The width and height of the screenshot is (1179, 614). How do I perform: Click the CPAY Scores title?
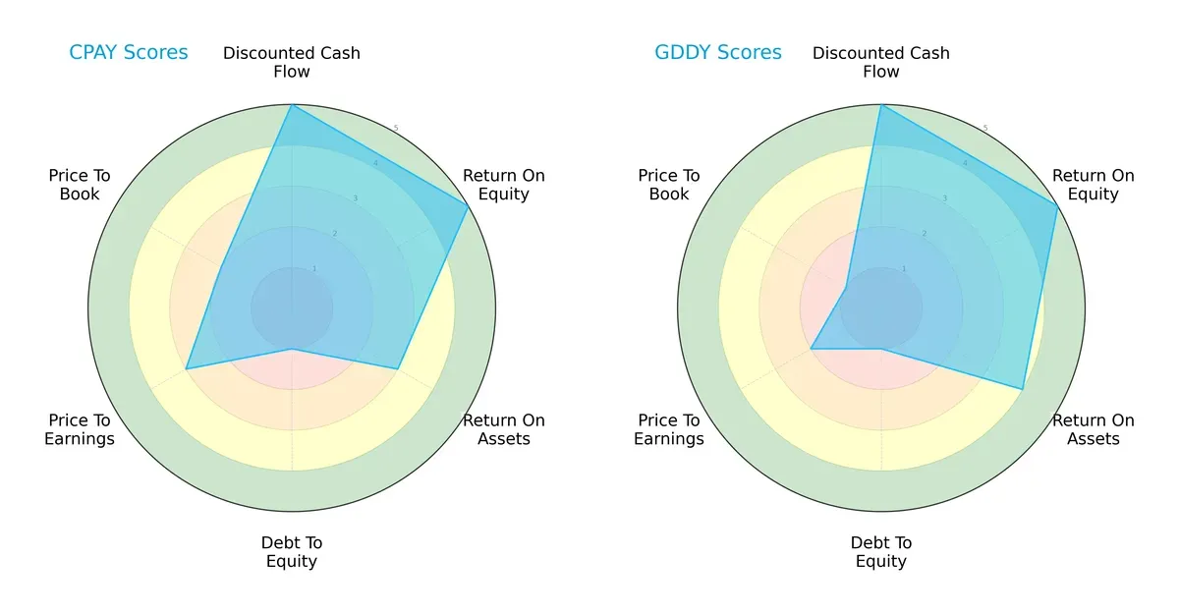pos(128,52)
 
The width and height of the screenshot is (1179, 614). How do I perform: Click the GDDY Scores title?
pos(718,52)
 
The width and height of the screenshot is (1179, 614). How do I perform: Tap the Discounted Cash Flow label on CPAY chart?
pos(292,62)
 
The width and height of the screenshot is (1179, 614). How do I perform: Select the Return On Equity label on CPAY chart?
pos(504,185)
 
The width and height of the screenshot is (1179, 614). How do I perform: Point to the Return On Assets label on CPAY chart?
pos(504,429)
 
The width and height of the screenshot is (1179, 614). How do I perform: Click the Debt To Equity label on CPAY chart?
pos(292,552)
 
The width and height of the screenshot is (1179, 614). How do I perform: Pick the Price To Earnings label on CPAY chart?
pos(80,429)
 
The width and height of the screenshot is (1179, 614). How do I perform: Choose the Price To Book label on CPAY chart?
pos(80,185)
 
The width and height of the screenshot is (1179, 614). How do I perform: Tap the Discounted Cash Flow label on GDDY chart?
pos(881,62)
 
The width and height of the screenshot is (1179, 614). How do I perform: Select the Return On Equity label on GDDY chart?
pos(1094,185)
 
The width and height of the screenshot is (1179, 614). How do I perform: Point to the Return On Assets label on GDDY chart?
pos(1094,429)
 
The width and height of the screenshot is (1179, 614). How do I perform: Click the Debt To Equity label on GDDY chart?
pos(881,552)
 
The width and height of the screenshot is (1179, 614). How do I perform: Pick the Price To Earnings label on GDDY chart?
pos(669,429)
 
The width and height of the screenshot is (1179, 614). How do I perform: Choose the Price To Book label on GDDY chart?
pos(669,185)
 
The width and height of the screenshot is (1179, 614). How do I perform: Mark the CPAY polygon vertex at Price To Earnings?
pos(187,369)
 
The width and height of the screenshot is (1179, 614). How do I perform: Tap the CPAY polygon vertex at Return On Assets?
pos(397,369)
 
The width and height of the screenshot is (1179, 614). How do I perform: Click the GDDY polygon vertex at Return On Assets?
pos(1023,390)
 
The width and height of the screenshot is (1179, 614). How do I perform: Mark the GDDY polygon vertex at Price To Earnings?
pos(811,349)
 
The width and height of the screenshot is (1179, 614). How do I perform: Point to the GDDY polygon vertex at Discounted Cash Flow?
pos(881,105)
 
